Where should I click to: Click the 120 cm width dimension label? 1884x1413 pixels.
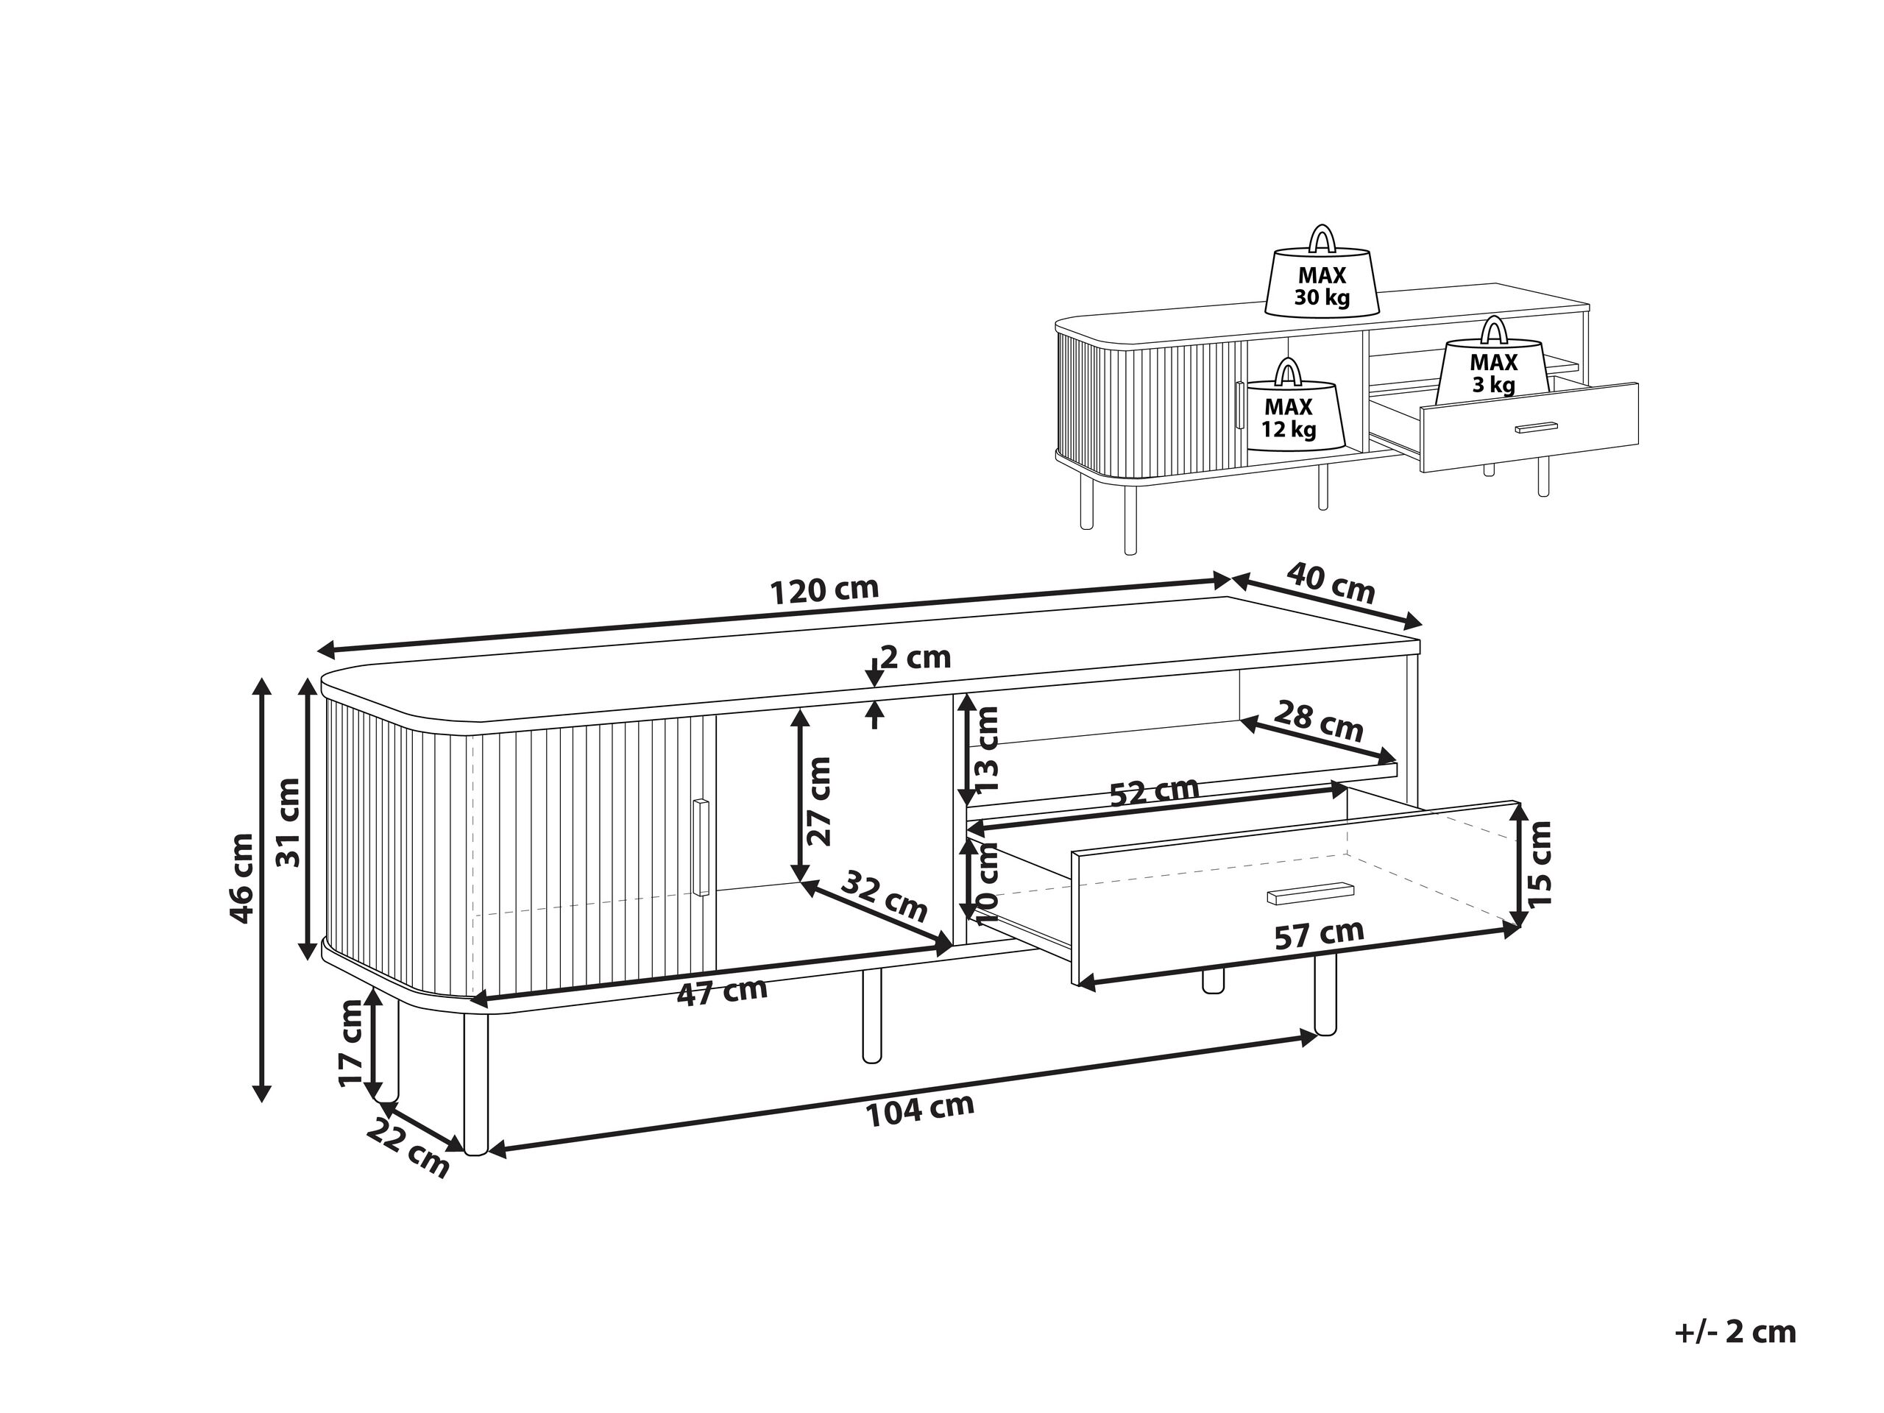[x=823, y=589]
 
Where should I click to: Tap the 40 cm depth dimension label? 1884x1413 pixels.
[x=1330, y=581]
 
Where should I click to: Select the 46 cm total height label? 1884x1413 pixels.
[x=242, y=877]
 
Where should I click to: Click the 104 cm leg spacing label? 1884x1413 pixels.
[x=920, y=1110]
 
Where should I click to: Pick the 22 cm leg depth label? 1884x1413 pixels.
[x=408, y=1152]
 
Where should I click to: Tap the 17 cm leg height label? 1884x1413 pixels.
[x=350, y=1044]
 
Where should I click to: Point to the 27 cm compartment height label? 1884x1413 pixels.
[x=818, y=801]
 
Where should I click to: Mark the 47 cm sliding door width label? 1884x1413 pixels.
[x=722, y=992]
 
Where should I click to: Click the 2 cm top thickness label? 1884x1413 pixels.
[x=914, y=656]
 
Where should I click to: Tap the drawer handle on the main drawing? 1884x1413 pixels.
[x=1310, y=891]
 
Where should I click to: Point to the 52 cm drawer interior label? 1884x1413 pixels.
[x=1154, y=791]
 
